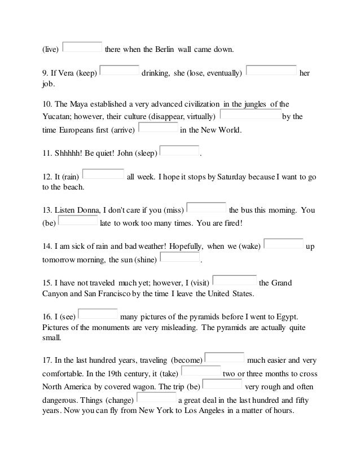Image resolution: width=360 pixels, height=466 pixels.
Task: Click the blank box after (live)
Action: [x=82, y=46]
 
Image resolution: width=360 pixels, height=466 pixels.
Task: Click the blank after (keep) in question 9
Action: [x=119, y=71]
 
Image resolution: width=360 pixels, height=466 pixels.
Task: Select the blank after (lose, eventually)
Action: [x=272, y=71]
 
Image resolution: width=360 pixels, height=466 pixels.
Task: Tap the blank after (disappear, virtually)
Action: [x=249, y=115]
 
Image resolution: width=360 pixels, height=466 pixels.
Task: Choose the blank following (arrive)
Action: [x=157, y=128]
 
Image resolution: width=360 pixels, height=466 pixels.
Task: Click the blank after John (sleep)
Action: [x=180, y=151]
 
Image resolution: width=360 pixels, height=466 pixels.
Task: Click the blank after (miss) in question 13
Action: [x=206, y=208]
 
